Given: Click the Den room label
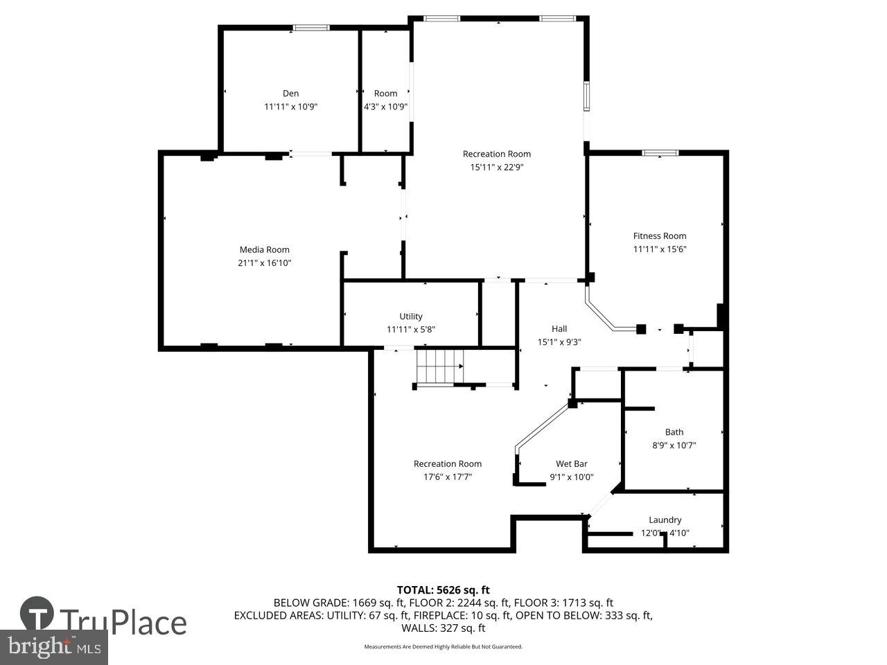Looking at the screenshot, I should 290,94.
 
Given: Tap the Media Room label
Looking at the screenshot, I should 264,250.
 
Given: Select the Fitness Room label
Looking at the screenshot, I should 660,236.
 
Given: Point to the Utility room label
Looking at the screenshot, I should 411,317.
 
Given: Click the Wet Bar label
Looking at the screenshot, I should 572,464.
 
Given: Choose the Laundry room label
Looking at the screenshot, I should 665,520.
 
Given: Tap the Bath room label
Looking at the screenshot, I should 674,432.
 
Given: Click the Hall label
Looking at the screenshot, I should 559,329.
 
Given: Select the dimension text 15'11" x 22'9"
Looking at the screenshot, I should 497,167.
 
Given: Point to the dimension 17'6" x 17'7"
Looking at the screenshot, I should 448,477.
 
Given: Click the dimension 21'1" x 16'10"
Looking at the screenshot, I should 264,263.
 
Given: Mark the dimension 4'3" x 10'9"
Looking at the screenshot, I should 386,107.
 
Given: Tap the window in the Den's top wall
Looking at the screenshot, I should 311,28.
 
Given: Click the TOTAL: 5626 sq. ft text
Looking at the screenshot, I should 443,590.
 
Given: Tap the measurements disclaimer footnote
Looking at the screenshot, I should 443,647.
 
